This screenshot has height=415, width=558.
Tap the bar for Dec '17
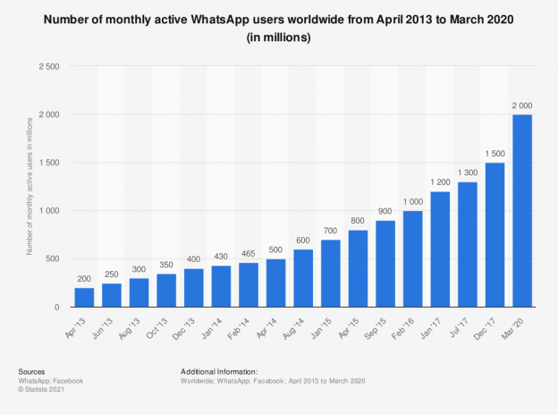[x=493, y=235]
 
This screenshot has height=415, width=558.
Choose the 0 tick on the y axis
[x=56, y=308]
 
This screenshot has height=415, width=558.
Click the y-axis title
[x=30, y=186]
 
